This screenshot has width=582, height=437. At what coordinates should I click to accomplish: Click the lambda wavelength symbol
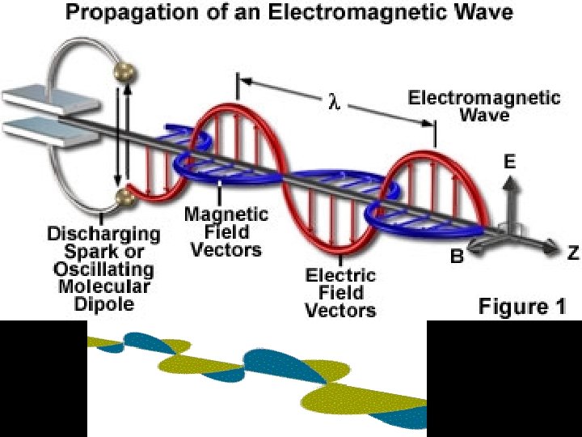(332, 104)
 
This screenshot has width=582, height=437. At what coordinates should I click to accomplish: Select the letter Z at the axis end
(572, 253)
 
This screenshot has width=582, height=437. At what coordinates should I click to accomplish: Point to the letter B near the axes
(457, 258)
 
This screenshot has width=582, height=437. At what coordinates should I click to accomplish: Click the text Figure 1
(522, 306)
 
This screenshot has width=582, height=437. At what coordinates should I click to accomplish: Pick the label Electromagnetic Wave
(483, 106)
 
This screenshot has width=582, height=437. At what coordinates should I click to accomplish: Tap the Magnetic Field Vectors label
(226, 231)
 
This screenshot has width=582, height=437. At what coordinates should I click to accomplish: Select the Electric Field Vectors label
(340, 292)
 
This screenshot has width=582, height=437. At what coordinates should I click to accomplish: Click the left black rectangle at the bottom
(43, 378)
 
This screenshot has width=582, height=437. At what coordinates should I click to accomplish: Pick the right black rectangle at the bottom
(504, 378)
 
